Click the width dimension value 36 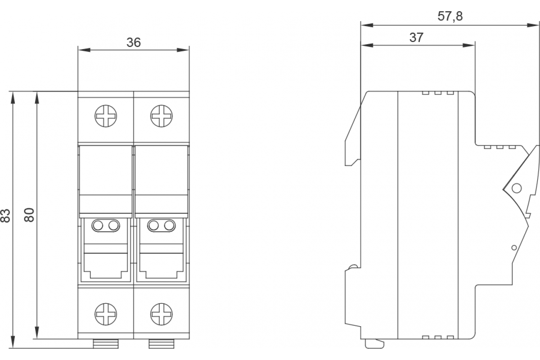click(x=134, y=42)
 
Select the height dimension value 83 click(x=5, y=216)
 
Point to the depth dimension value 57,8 click(x=450, y=17)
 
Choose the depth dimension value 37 click(x=417, y=37)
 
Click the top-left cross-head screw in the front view click(x=106, y=117)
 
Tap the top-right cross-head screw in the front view click(x=161, y=117)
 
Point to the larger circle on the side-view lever click(x=516, y=188)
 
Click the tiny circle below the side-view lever click(x=513, y=247)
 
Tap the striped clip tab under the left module click(x=106, y=344)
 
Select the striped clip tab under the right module click(x=161, y=344)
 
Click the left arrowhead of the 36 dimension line click(x=82, y=49)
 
